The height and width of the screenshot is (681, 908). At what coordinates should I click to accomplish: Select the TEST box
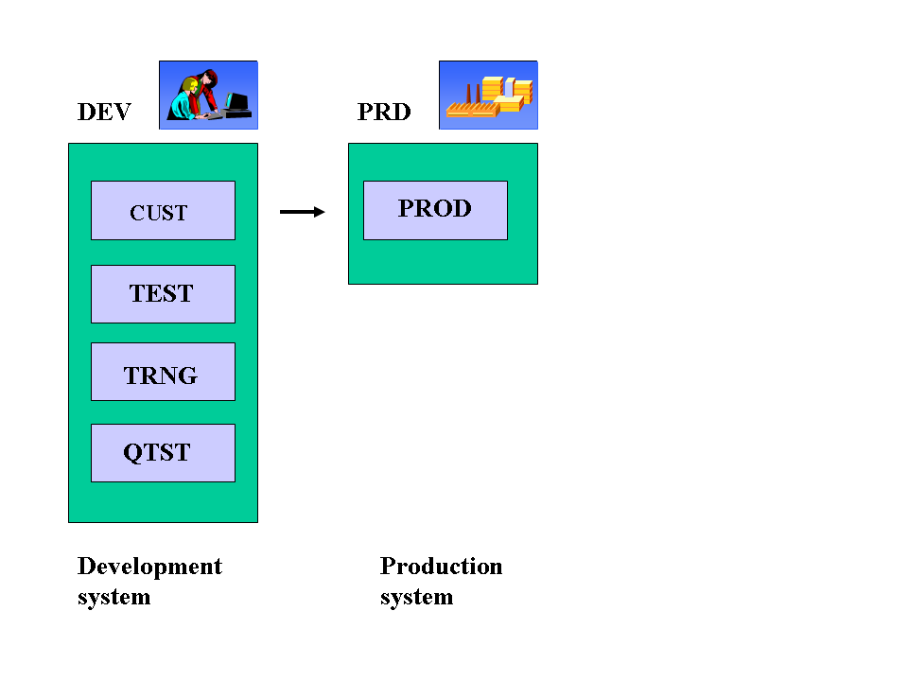point(163,294)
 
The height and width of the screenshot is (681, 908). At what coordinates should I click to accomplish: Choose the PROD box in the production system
point(435,210)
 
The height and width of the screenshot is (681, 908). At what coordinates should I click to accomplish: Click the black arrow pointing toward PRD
point(302,212)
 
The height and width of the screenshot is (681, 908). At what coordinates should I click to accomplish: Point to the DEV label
point(104,113)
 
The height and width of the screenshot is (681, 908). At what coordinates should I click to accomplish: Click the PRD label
point(384,113)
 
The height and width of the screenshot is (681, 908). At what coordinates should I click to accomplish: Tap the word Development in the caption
point(149,567)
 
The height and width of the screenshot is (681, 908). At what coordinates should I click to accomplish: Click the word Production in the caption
point(441,567)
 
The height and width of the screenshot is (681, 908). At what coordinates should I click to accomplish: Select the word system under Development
point(113,598)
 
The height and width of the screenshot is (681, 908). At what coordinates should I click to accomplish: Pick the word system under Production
point(416,598)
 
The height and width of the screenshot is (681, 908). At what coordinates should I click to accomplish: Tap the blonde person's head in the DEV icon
point(193,87)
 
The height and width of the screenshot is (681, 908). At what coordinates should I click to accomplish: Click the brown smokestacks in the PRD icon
point(471,95)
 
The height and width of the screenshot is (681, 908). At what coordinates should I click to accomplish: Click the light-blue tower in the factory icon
point(509,86)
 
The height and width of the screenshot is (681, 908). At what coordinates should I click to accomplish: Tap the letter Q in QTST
point(133,453)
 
